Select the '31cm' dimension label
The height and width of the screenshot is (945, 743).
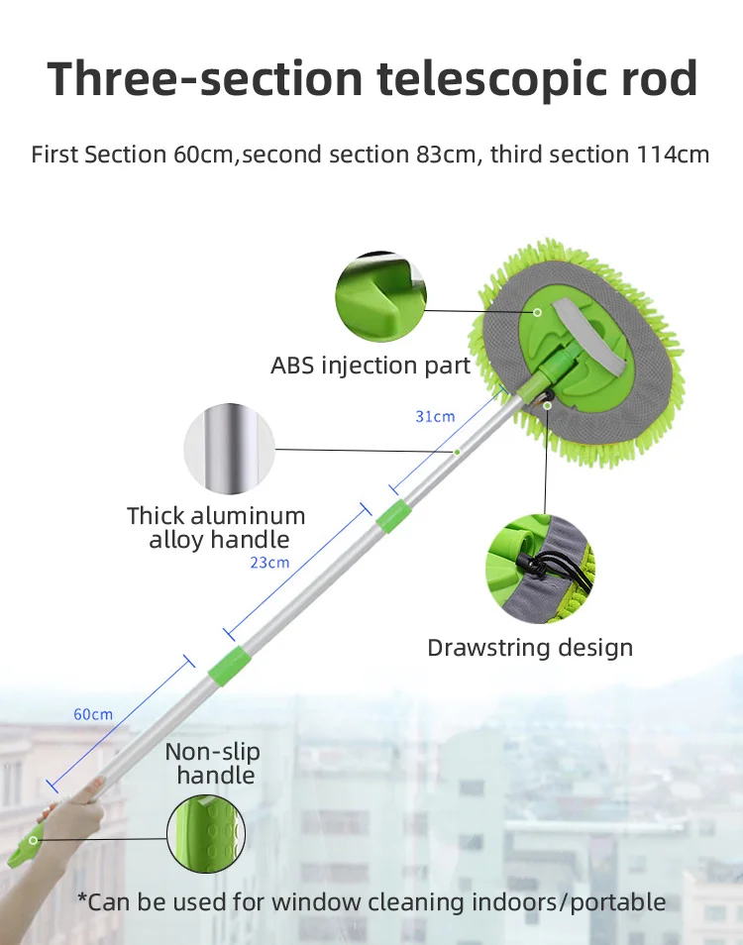click(434, 417)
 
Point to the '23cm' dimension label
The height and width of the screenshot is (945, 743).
click(269, 563)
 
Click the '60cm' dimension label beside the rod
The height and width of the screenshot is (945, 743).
click(93, 714)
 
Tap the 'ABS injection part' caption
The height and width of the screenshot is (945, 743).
click(371, 366)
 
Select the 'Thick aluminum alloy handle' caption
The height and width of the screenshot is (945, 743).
click(217, 528)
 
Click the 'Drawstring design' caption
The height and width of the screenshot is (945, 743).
click(530, 648)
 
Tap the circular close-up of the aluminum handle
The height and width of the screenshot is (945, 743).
click(230, 449)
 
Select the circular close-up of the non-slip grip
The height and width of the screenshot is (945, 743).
click(206, 834)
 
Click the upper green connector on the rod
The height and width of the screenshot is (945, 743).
click(394, 516)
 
